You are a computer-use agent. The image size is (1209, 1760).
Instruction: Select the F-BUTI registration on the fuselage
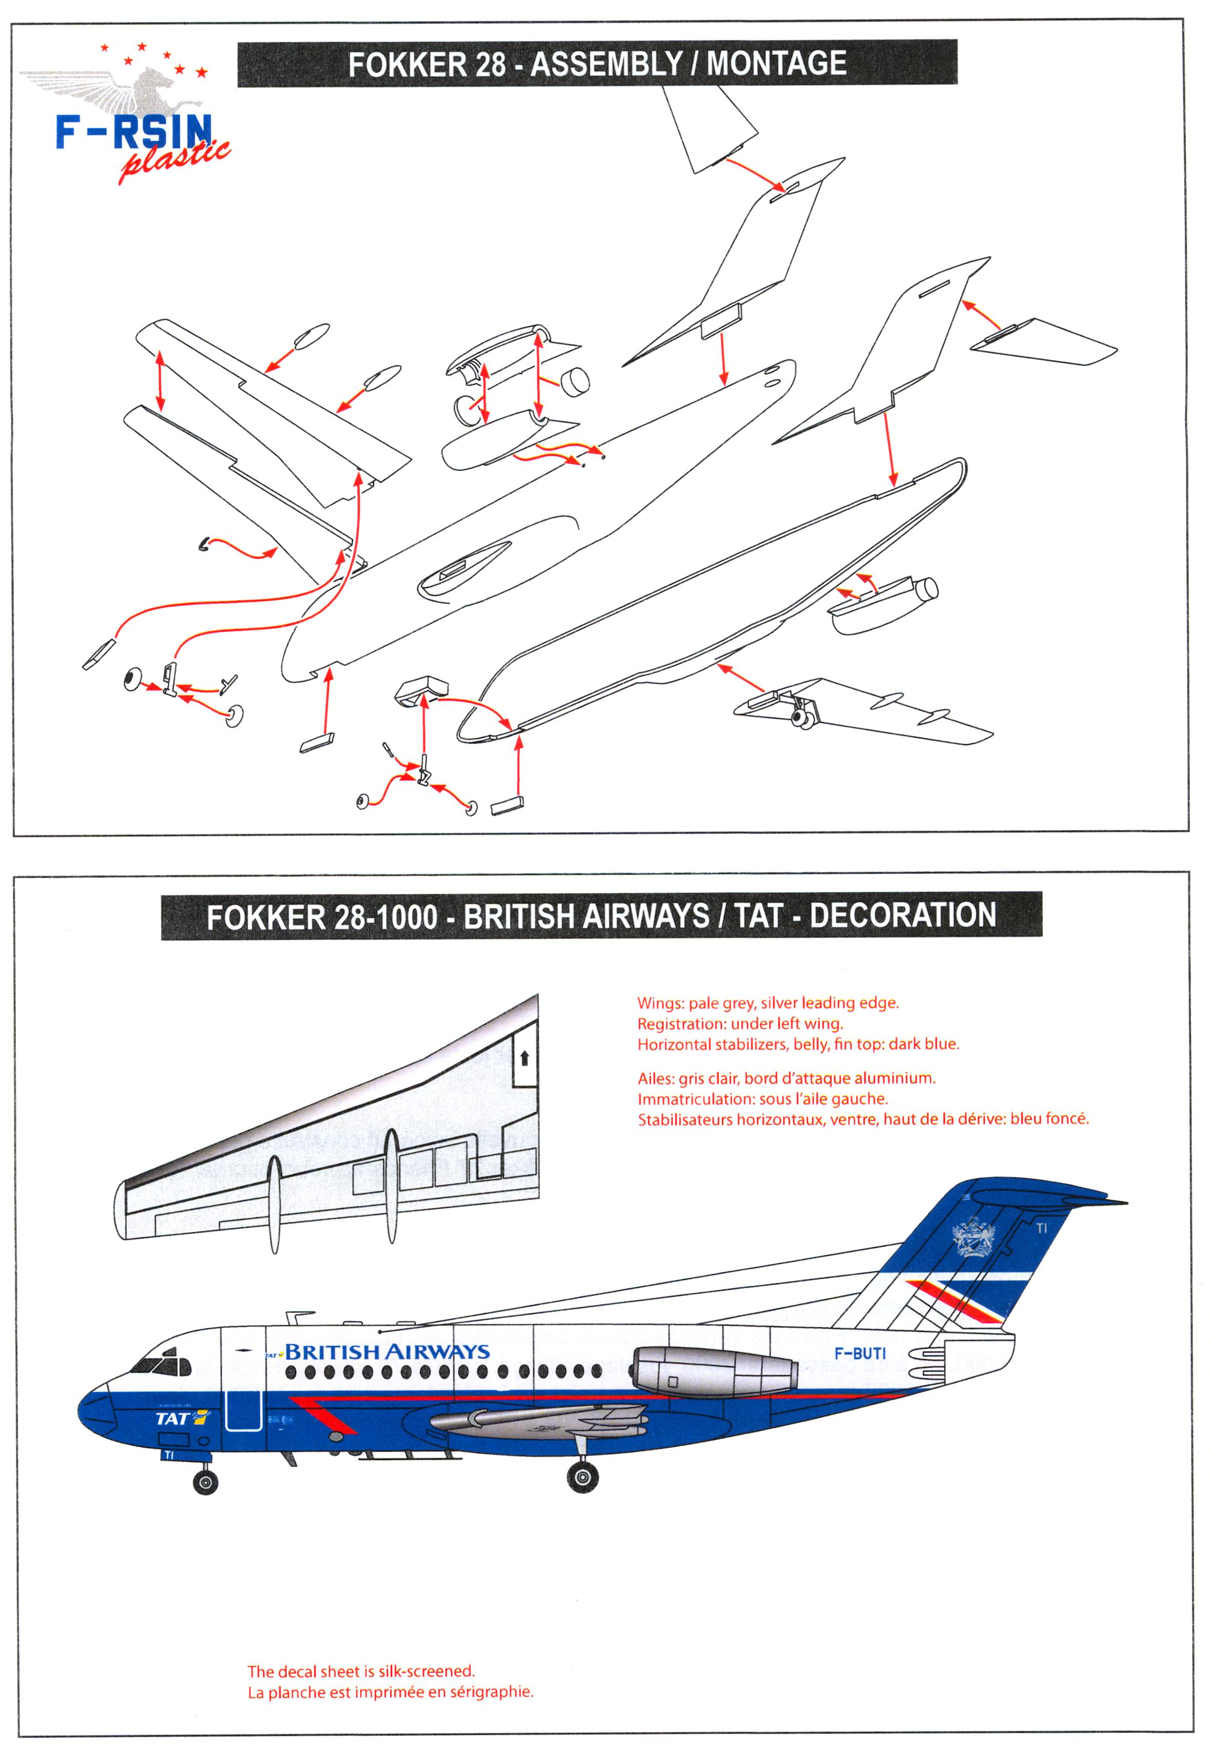click(859, 1353)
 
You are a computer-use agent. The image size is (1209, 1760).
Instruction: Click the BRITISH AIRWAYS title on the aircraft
click(386, 1351)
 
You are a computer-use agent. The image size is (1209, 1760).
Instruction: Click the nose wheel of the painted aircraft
click(205, 1481)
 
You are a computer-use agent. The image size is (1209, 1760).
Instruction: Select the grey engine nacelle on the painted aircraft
click(712, 1372)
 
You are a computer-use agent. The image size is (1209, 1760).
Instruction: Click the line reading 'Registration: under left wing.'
click(739, 1023)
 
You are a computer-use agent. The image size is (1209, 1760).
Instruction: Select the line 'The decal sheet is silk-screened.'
click(361, 1671)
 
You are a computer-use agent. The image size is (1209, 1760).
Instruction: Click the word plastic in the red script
click(174, 161)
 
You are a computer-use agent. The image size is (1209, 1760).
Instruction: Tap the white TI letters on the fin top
click(1042, 1228)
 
